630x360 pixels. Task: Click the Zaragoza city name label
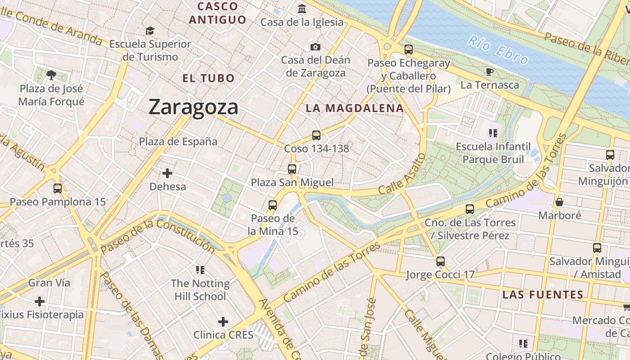[x=193, y=107]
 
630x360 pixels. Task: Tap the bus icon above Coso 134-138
[x=316, y=135]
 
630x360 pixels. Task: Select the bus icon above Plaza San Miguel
[x=292, y=169]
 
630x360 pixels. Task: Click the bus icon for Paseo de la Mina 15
[x=272, y=205]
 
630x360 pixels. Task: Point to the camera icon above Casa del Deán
[x=315, y=47]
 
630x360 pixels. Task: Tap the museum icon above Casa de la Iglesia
[x=302, y=9]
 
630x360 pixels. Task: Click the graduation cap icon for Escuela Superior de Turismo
[x=150, y=31]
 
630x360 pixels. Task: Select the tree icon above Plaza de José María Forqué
[x=51, y=75]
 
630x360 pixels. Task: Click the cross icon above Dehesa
[x=167, y=173]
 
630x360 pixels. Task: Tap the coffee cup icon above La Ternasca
[x=490, y=72]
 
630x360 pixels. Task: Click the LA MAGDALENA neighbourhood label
[x=355, y=108]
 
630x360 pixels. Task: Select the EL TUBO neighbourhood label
[x=208, y=78]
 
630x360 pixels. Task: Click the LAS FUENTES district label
[x=543, y=295]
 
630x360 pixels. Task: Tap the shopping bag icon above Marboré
[x=559, y=202]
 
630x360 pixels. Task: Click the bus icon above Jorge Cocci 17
[x=441, y=261]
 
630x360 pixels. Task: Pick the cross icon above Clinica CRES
[x=223, y=321]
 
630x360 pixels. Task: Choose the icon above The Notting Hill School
[x=200, y=270]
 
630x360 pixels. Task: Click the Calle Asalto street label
[x=402, y=174]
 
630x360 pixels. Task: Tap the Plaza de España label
[x=178, y=141]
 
